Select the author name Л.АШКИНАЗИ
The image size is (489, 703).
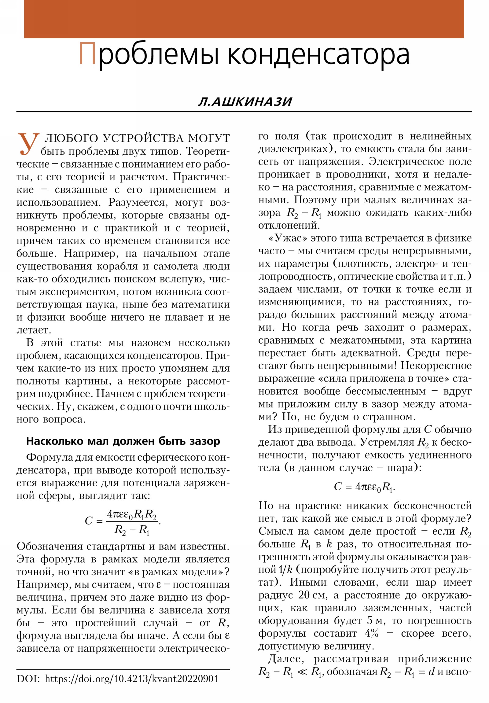245,102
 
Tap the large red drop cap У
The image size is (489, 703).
28,144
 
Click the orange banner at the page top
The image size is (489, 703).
244,19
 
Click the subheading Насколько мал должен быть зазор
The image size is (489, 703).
123,441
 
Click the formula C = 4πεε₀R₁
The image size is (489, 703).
364,487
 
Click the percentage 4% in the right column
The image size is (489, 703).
371,633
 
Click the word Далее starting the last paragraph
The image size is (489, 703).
288,659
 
